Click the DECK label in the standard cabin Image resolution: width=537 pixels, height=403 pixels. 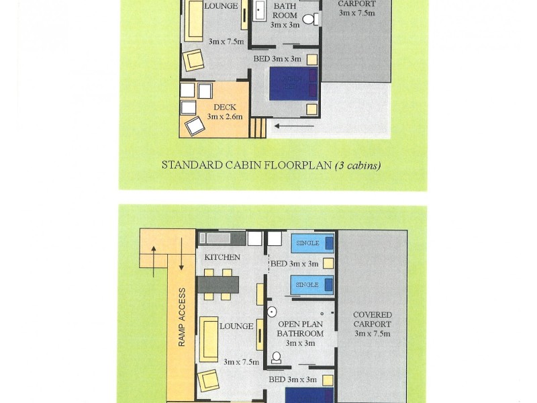pyautogui.click(x=225, y=107)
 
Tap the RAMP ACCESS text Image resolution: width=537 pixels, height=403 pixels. pyautogui.click(x=182, y=317)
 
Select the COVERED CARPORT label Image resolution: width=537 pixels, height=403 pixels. pyautogui.click(x=373, y=320)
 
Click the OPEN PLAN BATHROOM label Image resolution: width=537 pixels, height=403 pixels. pyautogui.click(x=300, y=328)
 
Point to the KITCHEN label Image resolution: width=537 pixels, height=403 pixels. pyautogui.click(x=222, y=257)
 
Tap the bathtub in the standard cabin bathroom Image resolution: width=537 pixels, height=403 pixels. pyautogui.click(x=260, y=11)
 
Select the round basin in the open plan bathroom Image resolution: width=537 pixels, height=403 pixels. pyautogui.click(x=272, y=312)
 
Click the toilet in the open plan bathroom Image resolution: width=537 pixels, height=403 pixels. pyautogui.click(x=277, y=357)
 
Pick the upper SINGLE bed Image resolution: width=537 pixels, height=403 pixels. pyautogui.click(x=312, y=243)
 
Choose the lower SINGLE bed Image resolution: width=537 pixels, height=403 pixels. pyautogui.click(x=312, y=285)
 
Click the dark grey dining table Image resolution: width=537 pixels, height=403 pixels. pyautogui.click(x=217, y=284)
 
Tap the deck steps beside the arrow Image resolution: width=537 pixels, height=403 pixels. pyautogui.click(x=258, y=128)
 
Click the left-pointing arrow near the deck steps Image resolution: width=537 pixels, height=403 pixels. pyautogui.click(x=294, y=126)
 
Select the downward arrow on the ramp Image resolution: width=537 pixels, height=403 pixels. pyautogui.click(x=181, y=254)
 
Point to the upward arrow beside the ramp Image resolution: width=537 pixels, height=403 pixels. pyautogui.click(x=154, y=261)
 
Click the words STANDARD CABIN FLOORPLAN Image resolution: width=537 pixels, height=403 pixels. pyautogui.click(x=247, y=165)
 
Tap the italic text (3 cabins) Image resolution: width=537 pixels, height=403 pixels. pyautogui.click(x=358, y=165)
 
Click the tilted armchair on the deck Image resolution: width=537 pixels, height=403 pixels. pyautogui.click(x=195, y=126)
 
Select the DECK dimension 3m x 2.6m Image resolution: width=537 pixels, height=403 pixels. pyautogui.click(x=225, y=116)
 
